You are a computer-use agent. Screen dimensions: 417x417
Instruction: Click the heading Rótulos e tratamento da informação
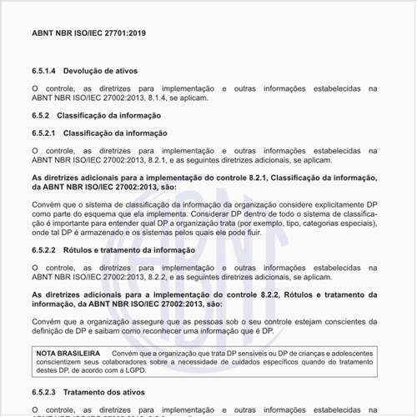130,249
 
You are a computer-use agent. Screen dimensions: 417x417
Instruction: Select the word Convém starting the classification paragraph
48,203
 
